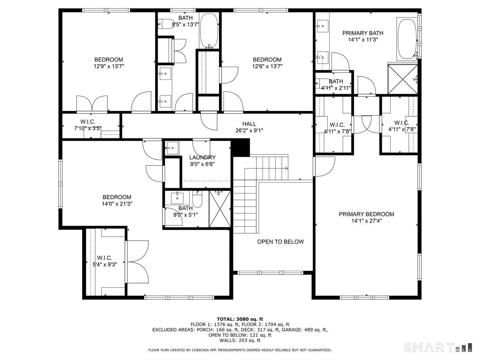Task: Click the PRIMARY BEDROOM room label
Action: click(366, 214)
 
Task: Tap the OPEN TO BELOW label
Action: click(280, 241)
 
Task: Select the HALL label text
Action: click(249, 124)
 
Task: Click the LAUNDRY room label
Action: click(202, 157)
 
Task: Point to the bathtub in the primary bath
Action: click(406, 39)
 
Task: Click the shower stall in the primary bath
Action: click(402, 79)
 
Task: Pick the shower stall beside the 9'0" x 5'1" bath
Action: click(219, 208)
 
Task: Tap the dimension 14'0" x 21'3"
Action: click(117, 204)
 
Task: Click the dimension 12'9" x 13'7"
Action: click(109, 66)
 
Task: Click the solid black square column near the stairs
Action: click(240, 147)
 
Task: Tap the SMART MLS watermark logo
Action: click(437, 347)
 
